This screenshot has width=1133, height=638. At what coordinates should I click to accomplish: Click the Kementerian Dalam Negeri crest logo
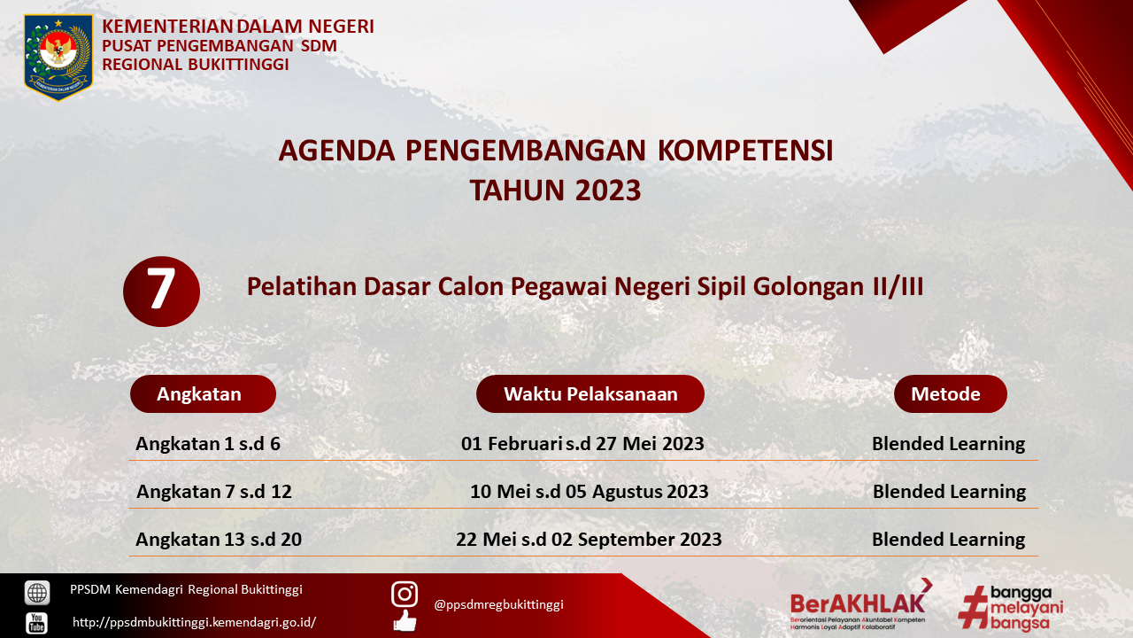tap(58, 58)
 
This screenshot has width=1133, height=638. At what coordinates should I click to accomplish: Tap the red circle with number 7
tap(161, 292)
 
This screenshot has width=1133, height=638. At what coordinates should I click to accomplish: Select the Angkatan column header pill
tap(203, 394)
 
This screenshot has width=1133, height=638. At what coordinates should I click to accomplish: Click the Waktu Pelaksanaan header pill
tap(590, 394)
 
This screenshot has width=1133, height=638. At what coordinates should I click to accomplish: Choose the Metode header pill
tap(951, 394)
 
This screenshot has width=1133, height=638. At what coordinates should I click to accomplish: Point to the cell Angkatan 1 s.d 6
tap(208, 444)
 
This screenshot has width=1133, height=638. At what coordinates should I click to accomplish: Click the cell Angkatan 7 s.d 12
tap(214, 492)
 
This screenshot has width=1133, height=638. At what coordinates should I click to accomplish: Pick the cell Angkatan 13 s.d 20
tap(219, 540)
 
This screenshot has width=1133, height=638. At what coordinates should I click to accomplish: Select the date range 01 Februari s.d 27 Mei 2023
tap(582, 444)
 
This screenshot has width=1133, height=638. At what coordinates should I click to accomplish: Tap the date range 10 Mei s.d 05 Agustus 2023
tap(590, 492)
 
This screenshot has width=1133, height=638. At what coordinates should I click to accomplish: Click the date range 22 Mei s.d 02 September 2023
tap(589, 540)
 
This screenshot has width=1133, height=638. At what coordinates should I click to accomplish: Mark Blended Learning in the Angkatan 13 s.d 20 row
tap(948, 540)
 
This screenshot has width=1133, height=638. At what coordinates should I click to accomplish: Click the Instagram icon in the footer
tap(405, 594)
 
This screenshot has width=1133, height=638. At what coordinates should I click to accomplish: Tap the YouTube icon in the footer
tap(37, 623)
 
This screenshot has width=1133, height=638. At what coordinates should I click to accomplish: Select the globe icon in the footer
tap(37, 593)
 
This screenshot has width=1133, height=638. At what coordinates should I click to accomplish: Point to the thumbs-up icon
tap(405, 621)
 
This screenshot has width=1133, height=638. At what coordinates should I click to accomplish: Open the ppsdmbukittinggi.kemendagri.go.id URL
tap(194, 622)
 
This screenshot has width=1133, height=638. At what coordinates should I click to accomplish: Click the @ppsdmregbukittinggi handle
tap(498, 604)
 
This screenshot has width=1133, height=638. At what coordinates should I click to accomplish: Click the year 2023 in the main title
tap(608, 191)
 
